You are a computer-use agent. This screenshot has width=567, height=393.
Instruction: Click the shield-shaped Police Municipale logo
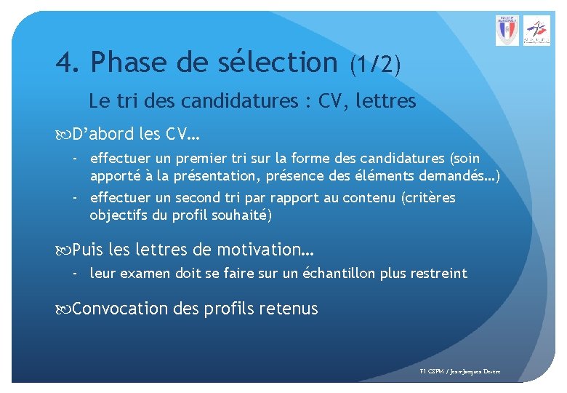[507, 31]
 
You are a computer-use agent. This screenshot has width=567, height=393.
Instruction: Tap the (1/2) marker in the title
[374, 65]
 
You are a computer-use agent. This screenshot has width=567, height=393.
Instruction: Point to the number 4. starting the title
[69, 63]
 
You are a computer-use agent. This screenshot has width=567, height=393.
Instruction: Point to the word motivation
[265, 250]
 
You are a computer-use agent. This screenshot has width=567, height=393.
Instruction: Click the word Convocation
[120, 309]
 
